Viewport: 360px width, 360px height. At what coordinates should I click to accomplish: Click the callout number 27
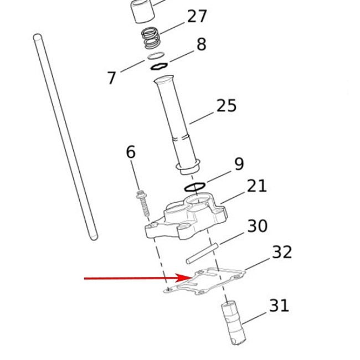[197, 16]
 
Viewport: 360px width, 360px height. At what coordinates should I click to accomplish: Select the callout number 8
[202, 44]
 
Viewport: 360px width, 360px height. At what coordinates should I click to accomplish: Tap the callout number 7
[112, 78]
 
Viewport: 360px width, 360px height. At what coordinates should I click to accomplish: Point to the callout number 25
[227, 106]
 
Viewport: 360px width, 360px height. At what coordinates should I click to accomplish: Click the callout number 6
[131, 152]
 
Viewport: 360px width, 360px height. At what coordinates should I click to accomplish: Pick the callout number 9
[239, 164]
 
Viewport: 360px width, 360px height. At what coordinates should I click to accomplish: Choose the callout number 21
[257, 186]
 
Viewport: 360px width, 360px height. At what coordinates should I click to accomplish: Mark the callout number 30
[258, 225]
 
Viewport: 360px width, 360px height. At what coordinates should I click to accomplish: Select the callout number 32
[282, 252]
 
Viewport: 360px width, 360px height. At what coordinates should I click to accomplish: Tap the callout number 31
[279, 305]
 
